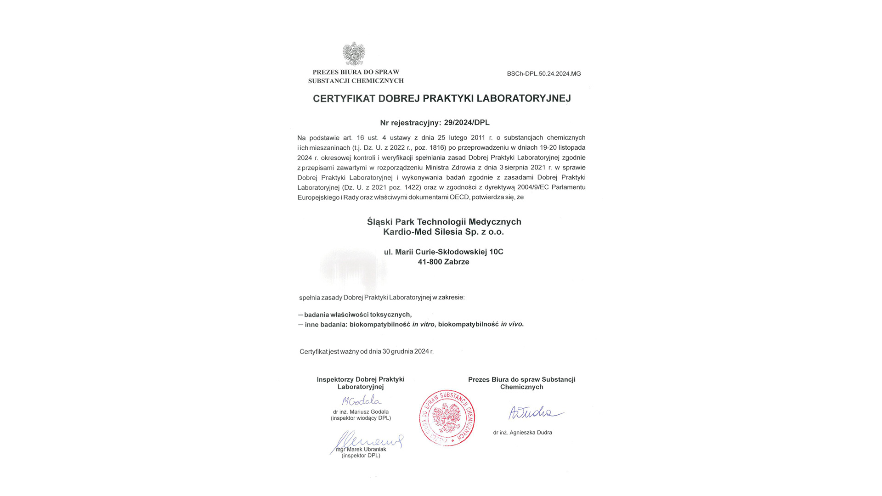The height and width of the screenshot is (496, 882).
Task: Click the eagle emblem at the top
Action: click(x=354, y=54)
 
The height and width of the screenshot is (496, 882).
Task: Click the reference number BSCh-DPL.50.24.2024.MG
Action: click(x=543, y=73)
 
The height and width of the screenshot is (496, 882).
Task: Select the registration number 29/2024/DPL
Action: click(x=466, y=123)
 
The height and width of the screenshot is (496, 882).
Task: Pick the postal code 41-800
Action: click(x=430, y=262)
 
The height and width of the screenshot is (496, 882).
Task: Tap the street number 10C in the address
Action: click(x=496, y=252)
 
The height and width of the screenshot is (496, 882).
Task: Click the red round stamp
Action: click(x=447, y=418)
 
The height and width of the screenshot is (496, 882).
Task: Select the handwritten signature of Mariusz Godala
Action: click(x=362, y=400)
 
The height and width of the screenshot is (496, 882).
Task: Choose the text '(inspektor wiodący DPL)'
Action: click(x=361, y=418)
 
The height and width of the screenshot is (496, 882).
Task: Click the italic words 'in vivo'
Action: click(x=511, y=324)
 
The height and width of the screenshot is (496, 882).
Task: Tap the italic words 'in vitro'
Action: click(x=423, y=324)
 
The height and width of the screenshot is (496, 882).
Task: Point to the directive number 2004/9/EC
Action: click(x=533, y=187)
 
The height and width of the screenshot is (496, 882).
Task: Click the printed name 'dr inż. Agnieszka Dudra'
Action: click(x=522, y=433)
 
